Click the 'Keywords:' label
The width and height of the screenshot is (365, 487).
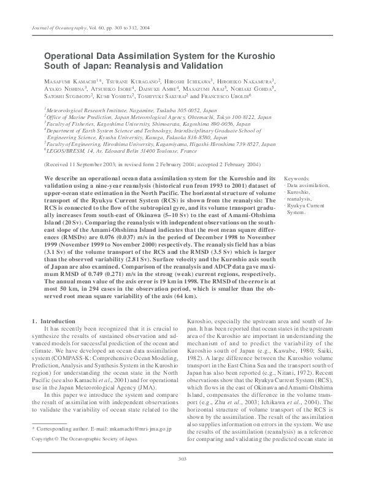(296, 178)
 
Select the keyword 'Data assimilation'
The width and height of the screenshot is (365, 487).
(309, 185)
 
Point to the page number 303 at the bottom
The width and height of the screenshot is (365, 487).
(182, 476)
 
